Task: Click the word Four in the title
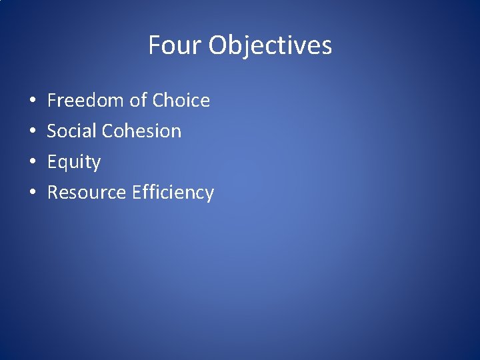point(175,45)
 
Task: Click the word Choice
point(181,101)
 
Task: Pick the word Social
point(72,131)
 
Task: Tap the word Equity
point(73,162)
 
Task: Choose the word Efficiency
point(173,193)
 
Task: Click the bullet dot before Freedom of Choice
point(33,101)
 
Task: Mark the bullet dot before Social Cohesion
point(33,132)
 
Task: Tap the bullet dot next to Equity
point(33,163)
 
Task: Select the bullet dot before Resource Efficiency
point(33,193)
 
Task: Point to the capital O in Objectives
point(219,45)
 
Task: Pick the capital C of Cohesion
point(108,131)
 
